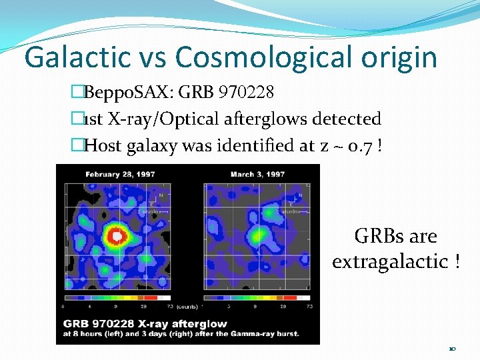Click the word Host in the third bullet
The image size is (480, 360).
[103, 144]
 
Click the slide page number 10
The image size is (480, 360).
[452, 349]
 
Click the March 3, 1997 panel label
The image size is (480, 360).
[257, 175]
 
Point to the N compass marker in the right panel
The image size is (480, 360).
[300, 195]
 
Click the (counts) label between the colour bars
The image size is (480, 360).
[187, 307]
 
